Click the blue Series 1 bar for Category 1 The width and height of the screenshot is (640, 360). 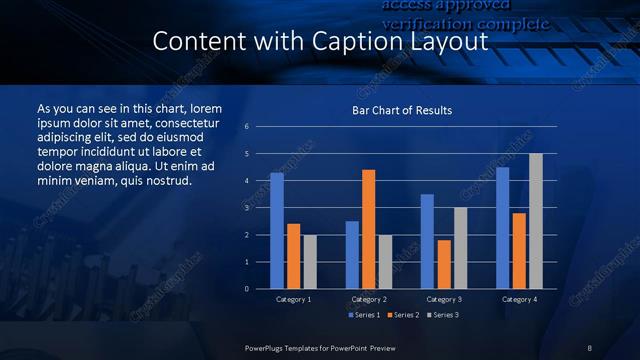click(277, 231)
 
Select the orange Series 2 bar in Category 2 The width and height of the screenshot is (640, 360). click(369, 229)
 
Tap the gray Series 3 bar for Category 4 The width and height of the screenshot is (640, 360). click(536, 221)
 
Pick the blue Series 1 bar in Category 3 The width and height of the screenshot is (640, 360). click(427, 241)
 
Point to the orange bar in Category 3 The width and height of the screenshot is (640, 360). click(444, 264)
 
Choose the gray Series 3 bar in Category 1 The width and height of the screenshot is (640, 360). click(310, 262)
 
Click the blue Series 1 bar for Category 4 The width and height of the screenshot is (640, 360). click(503, 228)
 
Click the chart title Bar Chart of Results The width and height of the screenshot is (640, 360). click(402, 110)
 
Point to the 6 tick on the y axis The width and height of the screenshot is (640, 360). click(247, 127)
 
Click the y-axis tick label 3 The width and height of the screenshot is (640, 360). click(247, 208)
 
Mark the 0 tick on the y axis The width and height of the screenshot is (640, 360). click(247, 289)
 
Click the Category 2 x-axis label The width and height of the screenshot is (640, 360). click(369, 299)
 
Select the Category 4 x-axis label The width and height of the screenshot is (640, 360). click(518, 299)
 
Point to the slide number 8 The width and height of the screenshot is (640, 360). click(590, 347)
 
